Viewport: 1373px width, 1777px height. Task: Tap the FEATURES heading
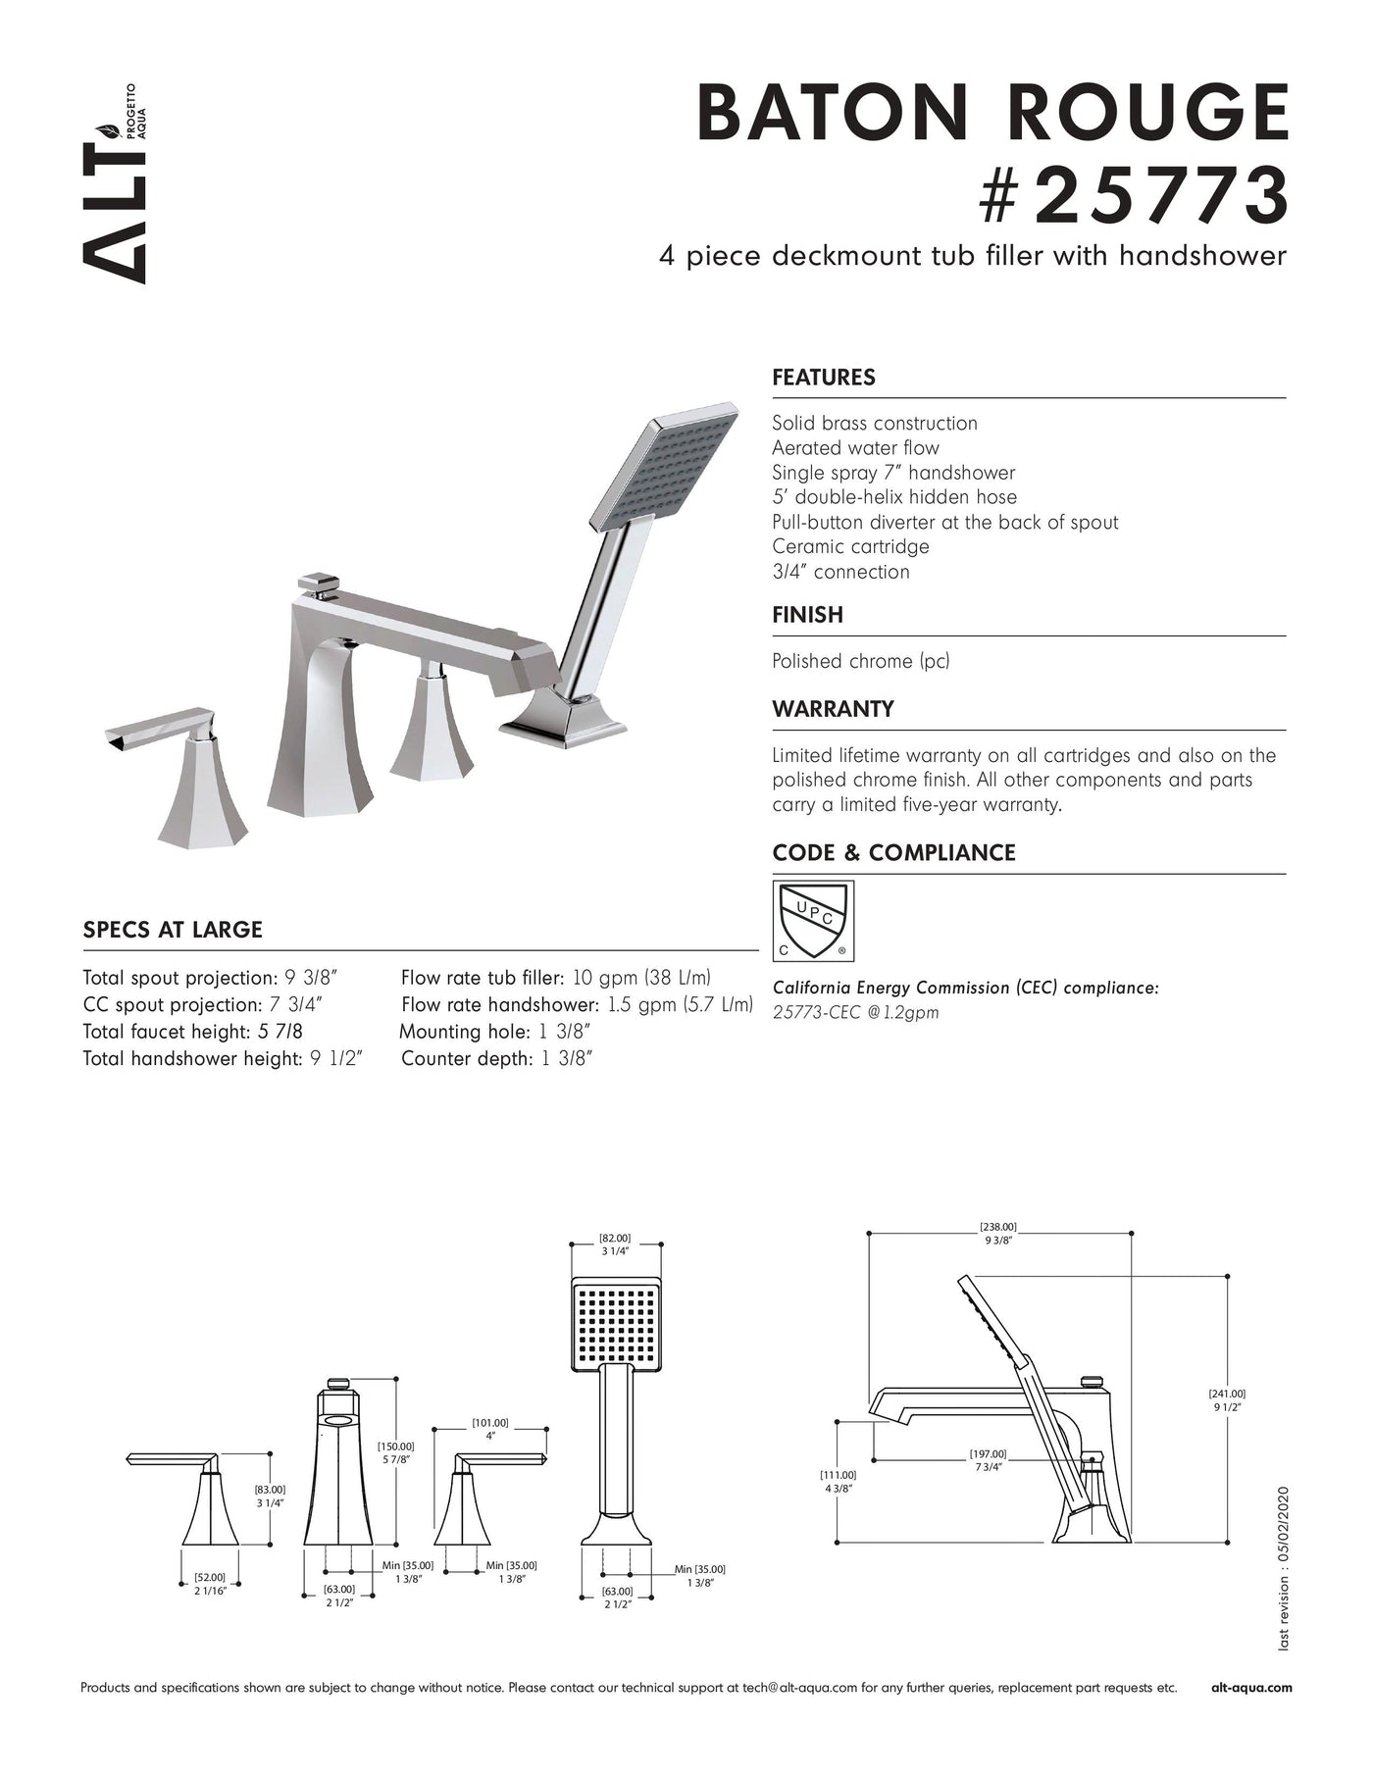(x=824, y=378)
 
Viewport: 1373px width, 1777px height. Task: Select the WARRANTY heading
(x=833, y=709)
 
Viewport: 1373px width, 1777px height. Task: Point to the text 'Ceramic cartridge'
(x=850, y=547)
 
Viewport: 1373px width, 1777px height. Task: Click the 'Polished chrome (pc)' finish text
(x=860, y=661)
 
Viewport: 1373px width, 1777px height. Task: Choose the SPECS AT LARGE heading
(x=173, y=930)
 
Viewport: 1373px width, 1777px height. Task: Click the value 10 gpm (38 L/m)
(x=641, y=978)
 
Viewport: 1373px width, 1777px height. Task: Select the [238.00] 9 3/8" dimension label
(x=998, y=1234)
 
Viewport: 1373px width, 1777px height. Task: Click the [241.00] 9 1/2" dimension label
(x=1228, y=1400)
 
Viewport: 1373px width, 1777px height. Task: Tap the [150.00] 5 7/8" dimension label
(x=395, y=1452)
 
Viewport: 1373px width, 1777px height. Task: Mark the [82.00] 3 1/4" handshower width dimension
(x=615, y=1244)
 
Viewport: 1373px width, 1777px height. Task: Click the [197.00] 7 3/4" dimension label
(x=988, y=1460)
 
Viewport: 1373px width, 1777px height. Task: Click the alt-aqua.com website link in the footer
(x=1251, y=1688)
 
